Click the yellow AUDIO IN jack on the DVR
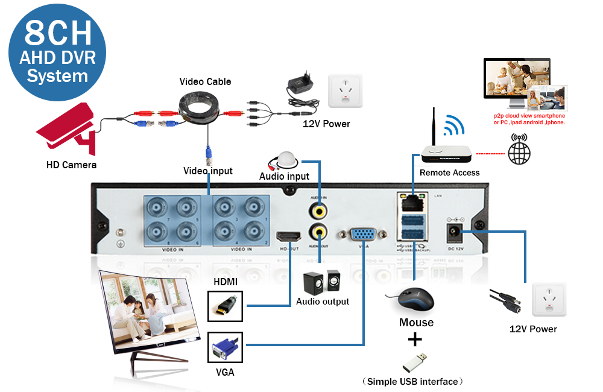pos(318,210)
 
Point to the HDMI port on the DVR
pos(289,237)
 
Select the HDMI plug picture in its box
pos(224,306)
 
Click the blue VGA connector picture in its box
pos(224,349)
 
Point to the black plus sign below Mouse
pos(415,340)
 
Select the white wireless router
pos(446,153)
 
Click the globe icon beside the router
pos(519,153)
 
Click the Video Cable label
pos(205,81)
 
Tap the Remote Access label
pos(449,173)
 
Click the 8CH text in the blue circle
pos(58,34)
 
